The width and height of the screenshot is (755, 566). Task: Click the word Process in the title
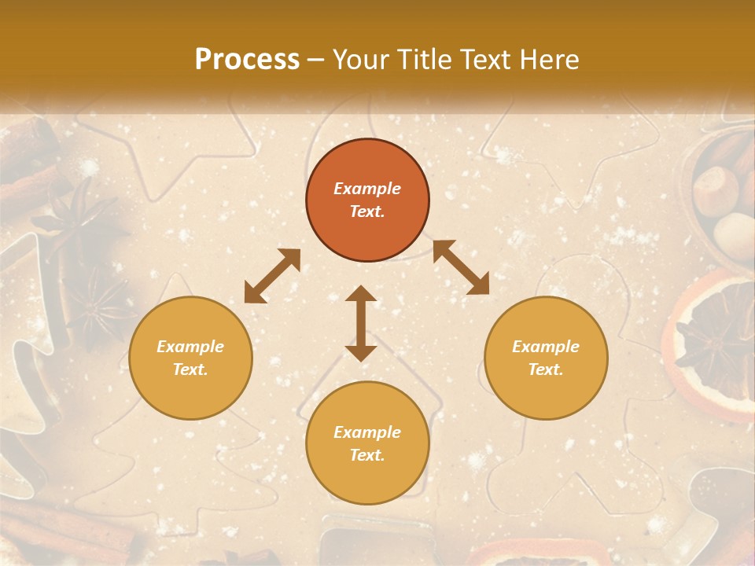click(x=247, y=60)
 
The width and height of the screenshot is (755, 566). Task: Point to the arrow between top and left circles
click(x=272, y=276)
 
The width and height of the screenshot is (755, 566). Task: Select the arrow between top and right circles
click(x=461, y=267)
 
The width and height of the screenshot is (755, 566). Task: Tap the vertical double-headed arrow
click(x=361, y=323)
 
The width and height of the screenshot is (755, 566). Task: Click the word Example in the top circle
click(x=367, y=189)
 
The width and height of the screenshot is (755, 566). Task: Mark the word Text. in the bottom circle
click(x=367, y=455)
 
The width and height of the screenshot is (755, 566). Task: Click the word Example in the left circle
click(x=190, y=347)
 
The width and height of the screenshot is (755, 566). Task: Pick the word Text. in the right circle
click(x=546, y=369)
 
